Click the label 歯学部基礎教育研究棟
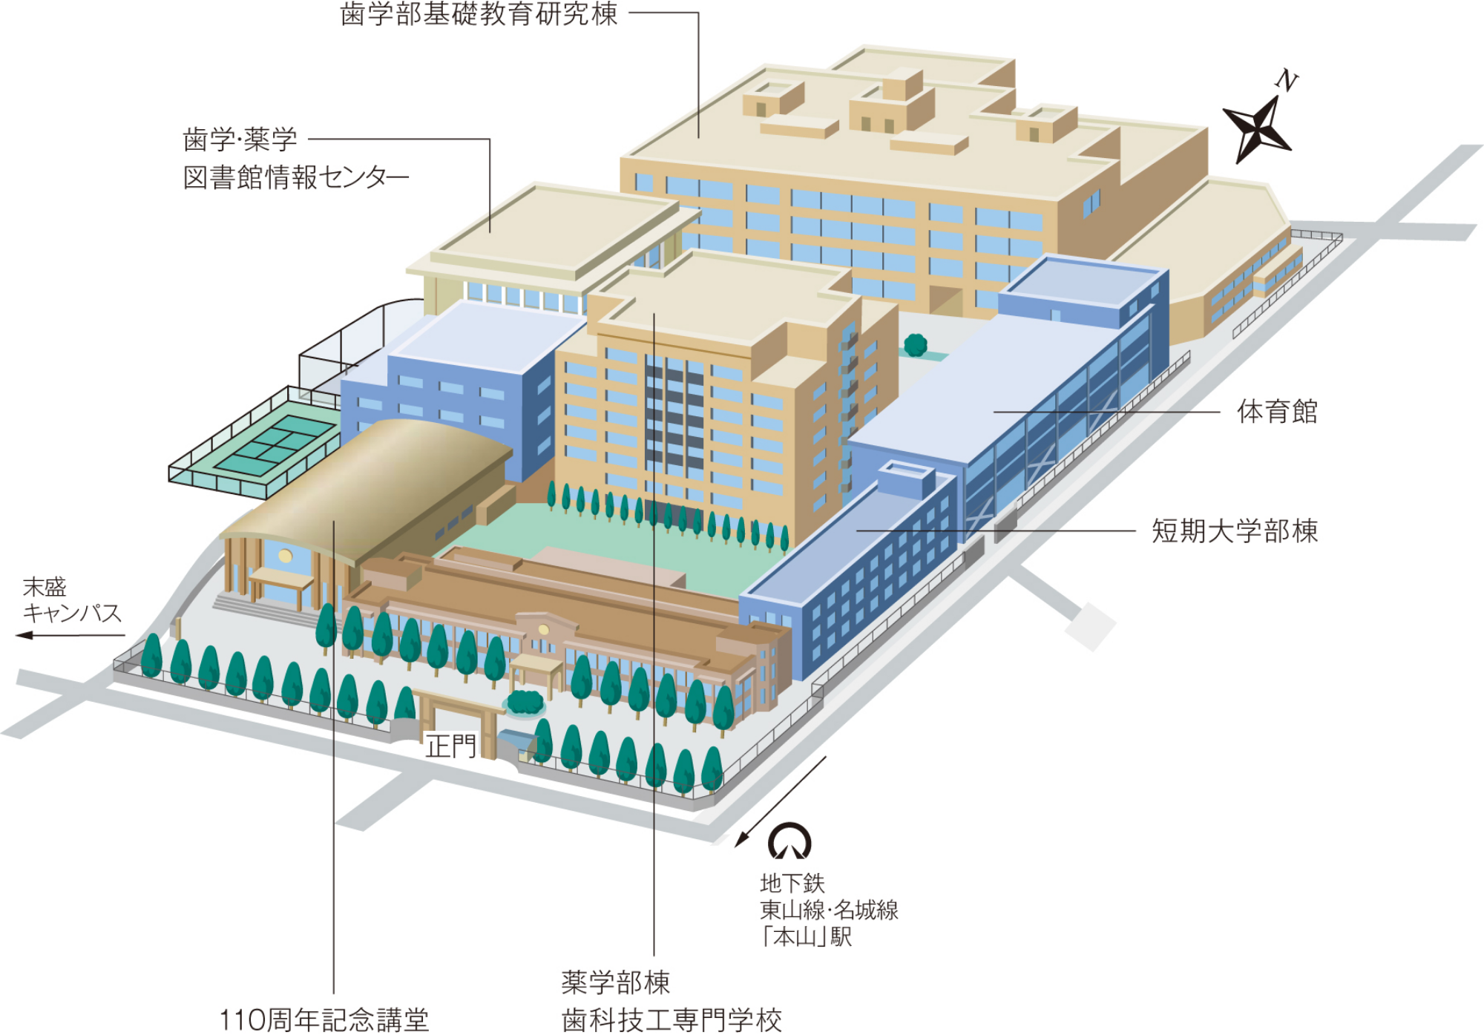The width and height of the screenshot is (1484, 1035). [479, 14]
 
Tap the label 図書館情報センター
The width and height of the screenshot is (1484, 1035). [295, 178]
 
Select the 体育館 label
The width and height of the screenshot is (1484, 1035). [1276, 412]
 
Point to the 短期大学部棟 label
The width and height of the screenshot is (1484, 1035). [1234, 531]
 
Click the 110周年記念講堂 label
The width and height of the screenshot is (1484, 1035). [324, 1019]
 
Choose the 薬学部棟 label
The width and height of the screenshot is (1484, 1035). [615, 982]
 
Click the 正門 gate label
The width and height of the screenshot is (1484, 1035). [450, 746]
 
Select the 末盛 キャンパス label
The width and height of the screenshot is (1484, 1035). [71, 600]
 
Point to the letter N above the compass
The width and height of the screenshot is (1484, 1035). [1287, 79]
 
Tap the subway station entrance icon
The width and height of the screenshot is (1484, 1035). [789, 841]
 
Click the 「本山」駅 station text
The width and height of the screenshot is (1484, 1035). [806, 937]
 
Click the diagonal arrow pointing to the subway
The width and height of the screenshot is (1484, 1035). [779, 802]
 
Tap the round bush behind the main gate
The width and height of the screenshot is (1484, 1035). [525, 701]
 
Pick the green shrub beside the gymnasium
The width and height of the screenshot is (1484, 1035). [916, 344]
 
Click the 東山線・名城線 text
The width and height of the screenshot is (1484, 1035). [829, 910]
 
